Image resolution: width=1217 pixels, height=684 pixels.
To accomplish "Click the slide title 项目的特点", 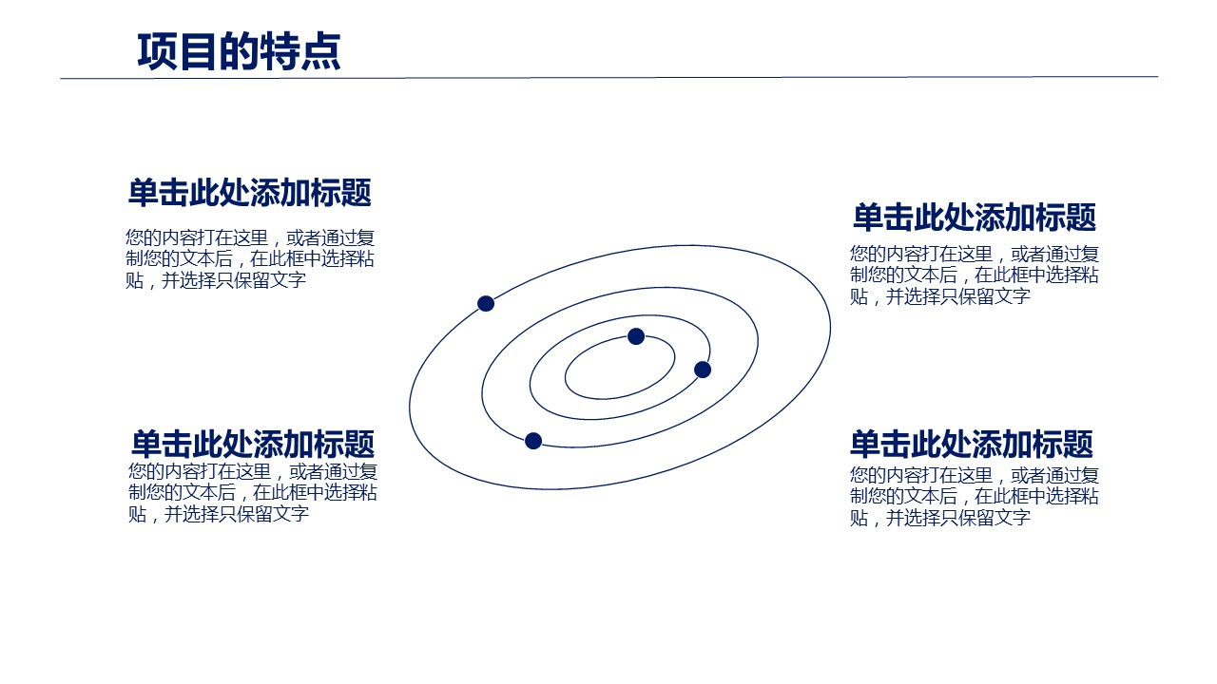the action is (x=239, y=51).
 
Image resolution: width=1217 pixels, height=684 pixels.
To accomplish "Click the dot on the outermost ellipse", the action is (x=486, y=303).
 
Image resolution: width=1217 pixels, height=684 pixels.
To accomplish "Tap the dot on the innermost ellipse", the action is (x=636, y=336).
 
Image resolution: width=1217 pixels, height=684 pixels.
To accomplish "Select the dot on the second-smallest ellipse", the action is (x=703, y=370).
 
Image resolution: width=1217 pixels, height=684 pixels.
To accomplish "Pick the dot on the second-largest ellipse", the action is (x=533, y=441).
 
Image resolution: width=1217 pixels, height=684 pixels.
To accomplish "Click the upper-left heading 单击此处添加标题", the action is (x=250, y=193).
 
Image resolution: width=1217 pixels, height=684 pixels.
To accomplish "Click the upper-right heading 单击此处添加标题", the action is (x=975, y=218).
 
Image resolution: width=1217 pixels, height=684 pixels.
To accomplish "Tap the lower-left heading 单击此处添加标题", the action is (x=253, y=444).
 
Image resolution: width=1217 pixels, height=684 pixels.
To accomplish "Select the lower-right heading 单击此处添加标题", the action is (x=972, y=444).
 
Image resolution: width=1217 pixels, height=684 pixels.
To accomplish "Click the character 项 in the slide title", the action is (x=158, y=51).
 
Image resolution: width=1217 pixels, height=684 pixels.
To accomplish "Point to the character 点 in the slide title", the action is (x=320, y=51).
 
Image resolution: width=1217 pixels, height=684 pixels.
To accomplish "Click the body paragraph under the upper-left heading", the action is (x=250, y=259).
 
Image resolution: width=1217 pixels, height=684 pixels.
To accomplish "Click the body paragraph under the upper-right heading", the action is (x=975, y=275).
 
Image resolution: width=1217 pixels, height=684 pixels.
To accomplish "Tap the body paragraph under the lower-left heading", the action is (x=253, y=493).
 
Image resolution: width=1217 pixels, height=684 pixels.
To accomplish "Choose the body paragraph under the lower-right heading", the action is (x=975, y=497).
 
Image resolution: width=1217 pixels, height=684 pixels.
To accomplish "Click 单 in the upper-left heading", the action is (x=144, y=193).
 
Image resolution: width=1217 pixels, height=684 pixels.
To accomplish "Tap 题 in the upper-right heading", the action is (x=1082, y=218).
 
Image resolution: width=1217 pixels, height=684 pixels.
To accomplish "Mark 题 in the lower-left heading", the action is (x=360, y=444).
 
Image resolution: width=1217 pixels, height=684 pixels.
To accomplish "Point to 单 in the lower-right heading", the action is (x=865, y=444).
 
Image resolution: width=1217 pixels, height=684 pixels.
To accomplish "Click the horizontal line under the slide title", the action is (x=609, y=78).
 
